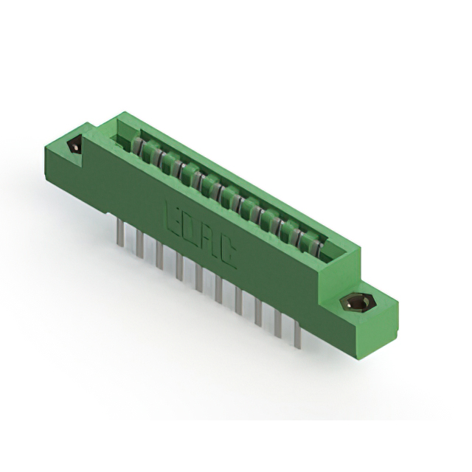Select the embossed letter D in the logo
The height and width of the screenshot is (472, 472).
point(192,229)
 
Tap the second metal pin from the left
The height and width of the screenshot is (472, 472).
point(139,245)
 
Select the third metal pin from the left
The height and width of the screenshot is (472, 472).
point(159,256)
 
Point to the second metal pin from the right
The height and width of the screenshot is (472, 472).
point(278,324)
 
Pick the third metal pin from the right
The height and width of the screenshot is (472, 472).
point(258,313)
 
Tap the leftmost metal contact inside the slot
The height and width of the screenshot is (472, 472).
point(137,142)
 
